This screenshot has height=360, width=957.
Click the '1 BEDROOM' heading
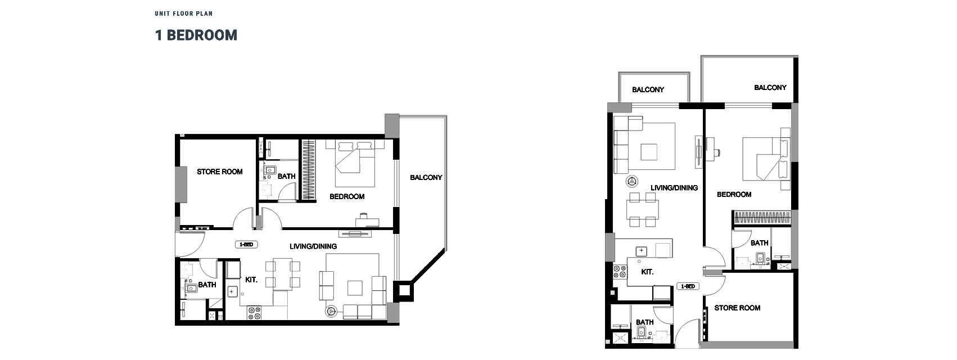point(196,35)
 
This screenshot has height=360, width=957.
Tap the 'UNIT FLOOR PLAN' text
point(184,13)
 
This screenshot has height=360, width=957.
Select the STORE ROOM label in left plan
point(219,172)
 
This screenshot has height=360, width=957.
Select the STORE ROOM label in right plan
point(737,308)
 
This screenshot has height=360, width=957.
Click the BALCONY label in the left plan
point(426,177)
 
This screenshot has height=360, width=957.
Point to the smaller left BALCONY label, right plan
point(648,89)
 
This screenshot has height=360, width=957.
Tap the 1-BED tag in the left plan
point(246,245)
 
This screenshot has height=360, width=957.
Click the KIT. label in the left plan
point(251,279)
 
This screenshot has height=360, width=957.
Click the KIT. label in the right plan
point(647,272)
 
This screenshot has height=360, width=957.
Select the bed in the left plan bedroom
point(355,163)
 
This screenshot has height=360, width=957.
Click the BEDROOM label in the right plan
point(734,194)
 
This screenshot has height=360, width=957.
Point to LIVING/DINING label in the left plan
point(313,246)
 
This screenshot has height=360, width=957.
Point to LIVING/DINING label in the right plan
point(674,187)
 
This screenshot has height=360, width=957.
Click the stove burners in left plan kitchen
point(254,313)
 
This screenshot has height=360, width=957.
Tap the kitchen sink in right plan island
point(640,250)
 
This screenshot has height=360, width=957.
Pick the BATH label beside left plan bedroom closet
point(286,176)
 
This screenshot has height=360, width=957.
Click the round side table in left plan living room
point(331,310)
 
